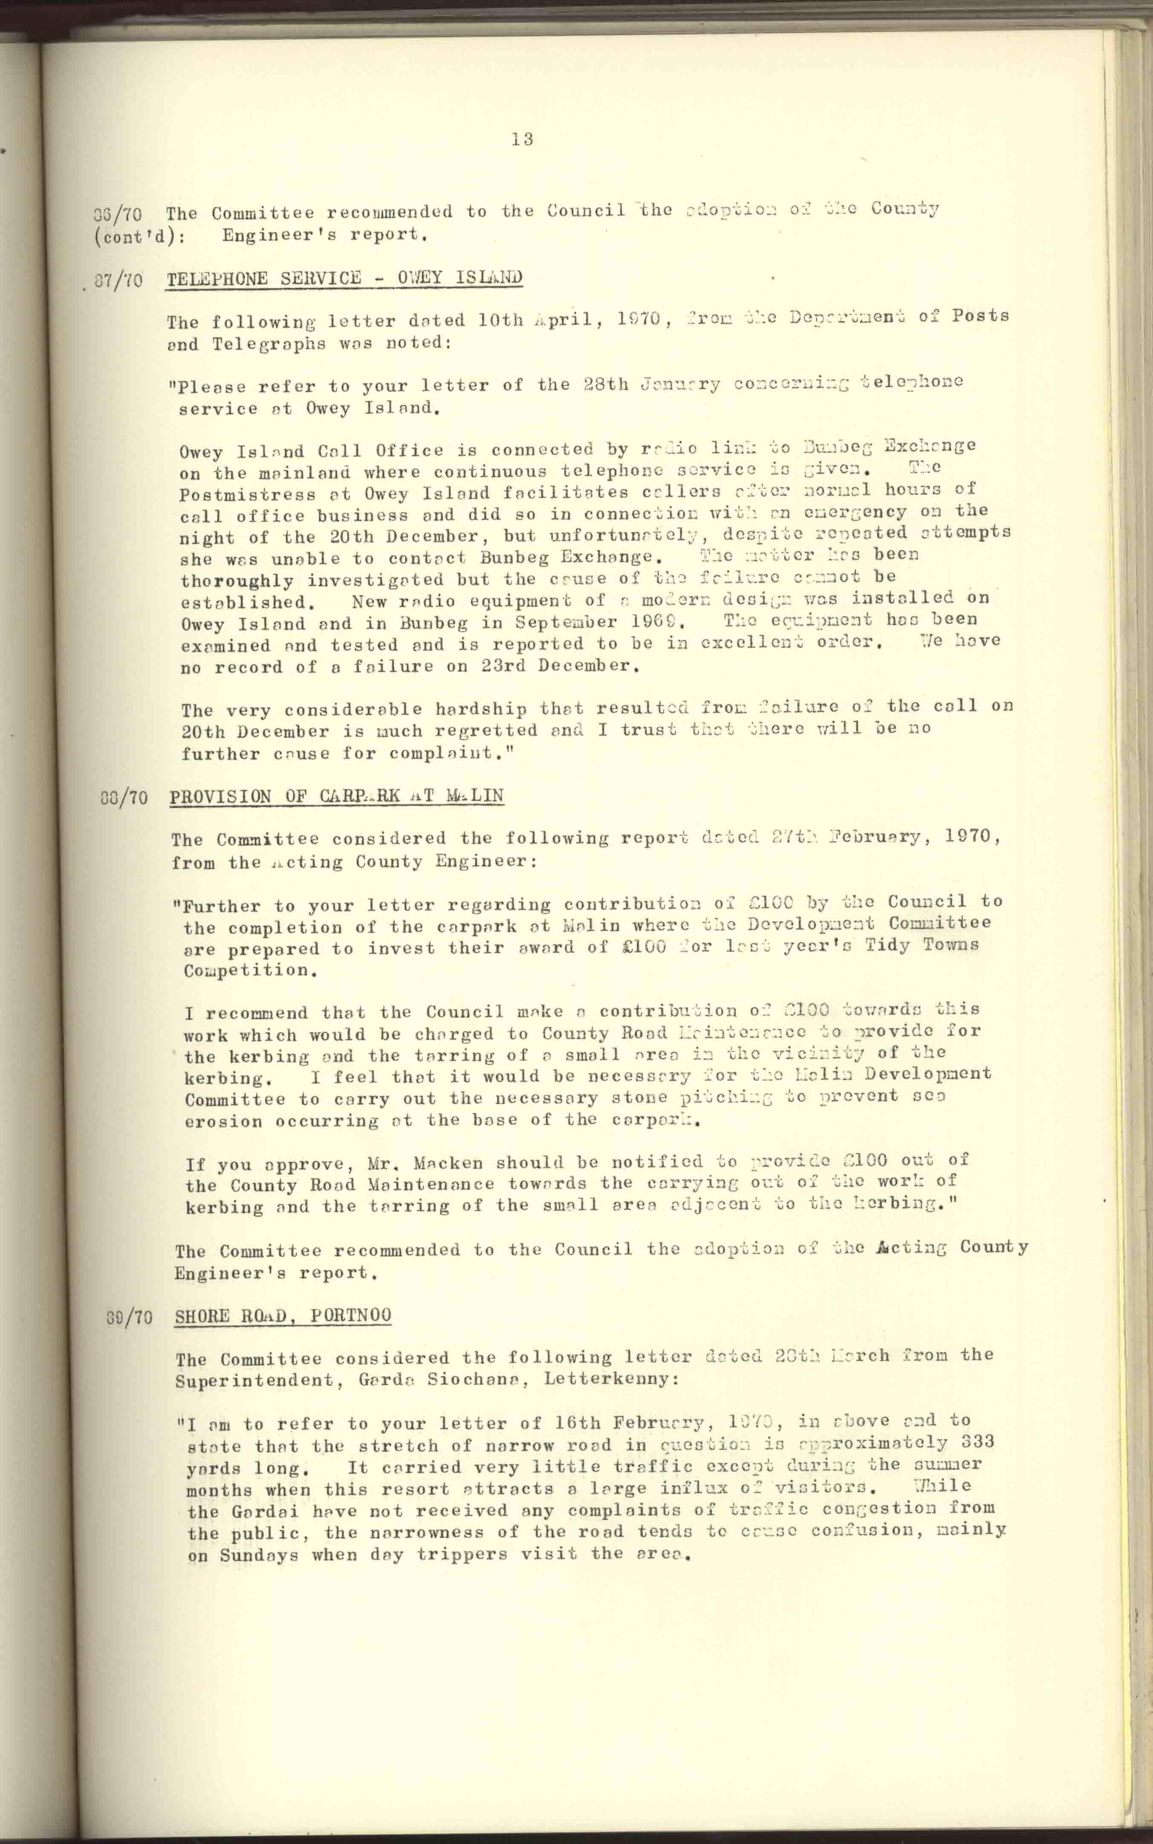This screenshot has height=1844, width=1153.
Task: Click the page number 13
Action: click(522, 139)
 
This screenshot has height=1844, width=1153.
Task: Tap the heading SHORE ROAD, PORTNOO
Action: click(283, 1315)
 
